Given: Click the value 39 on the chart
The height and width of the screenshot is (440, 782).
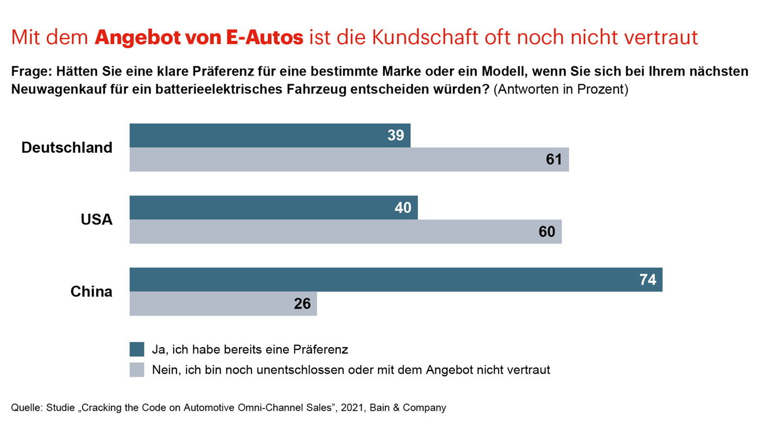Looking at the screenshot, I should (396, 135).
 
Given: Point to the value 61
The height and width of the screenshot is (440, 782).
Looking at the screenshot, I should (554, 160).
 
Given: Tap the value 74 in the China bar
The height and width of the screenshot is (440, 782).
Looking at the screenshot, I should (648, 280).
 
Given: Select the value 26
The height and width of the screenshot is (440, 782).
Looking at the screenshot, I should (302, 304).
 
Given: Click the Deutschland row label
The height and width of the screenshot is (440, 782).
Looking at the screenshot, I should (67, 147).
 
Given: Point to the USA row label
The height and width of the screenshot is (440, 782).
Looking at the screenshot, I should (96, 219).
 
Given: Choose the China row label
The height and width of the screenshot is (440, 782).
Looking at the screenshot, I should (91, 292).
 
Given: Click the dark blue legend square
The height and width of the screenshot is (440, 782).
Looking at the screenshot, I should (137, 349).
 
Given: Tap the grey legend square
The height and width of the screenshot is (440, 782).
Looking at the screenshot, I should (137, 370).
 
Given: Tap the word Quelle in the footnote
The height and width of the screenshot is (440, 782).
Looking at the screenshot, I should (26, 407).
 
